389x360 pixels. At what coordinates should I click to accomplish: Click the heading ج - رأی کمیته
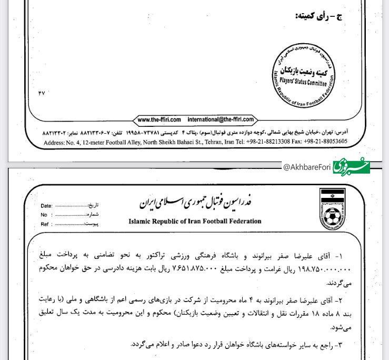(x=319, y=16)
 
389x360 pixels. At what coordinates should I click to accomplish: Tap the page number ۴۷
(x=42, y=93)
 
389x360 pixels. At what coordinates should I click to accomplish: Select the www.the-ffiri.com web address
(x=159, y=119)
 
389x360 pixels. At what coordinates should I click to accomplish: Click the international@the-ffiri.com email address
(x=221, y=119)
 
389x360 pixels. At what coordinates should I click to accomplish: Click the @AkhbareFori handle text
(x=307, y=167)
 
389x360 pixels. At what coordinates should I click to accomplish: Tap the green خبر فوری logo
(x=351, y=166)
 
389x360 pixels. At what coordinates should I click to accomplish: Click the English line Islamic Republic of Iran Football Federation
(x=194, y=221)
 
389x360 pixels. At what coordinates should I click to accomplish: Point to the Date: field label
(x=46, y=206)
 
